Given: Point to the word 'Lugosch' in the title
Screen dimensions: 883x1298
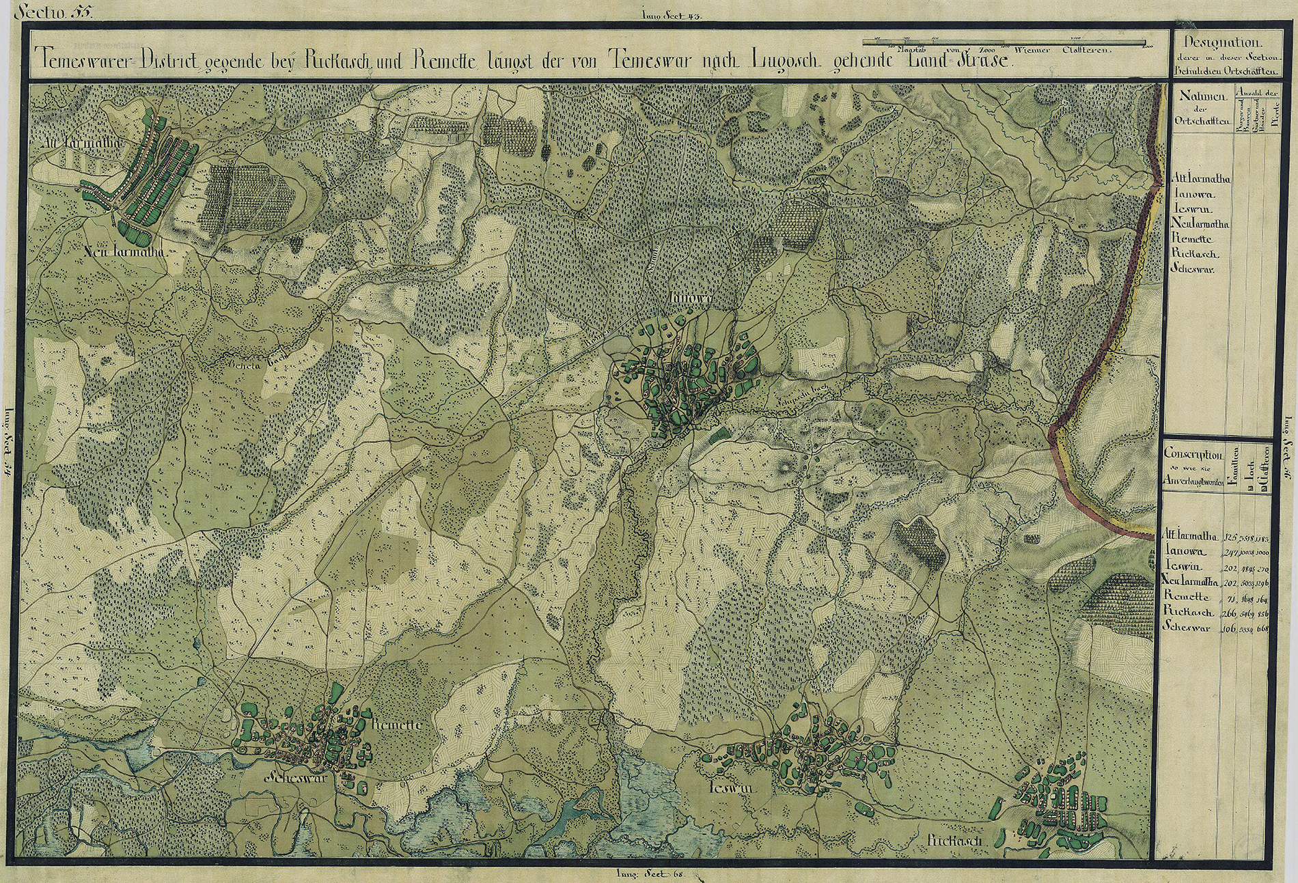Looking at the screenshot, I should point(782,60).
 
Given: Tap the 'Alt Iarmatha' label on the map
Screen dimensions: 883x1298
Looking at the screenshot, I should point(71,144).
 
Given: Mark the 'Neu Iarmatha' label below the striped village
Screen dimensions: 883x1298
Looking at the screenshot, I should point(126,252).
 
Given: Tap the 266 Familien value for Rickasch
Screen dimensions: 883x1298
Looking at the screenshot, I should point(1230,614).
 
